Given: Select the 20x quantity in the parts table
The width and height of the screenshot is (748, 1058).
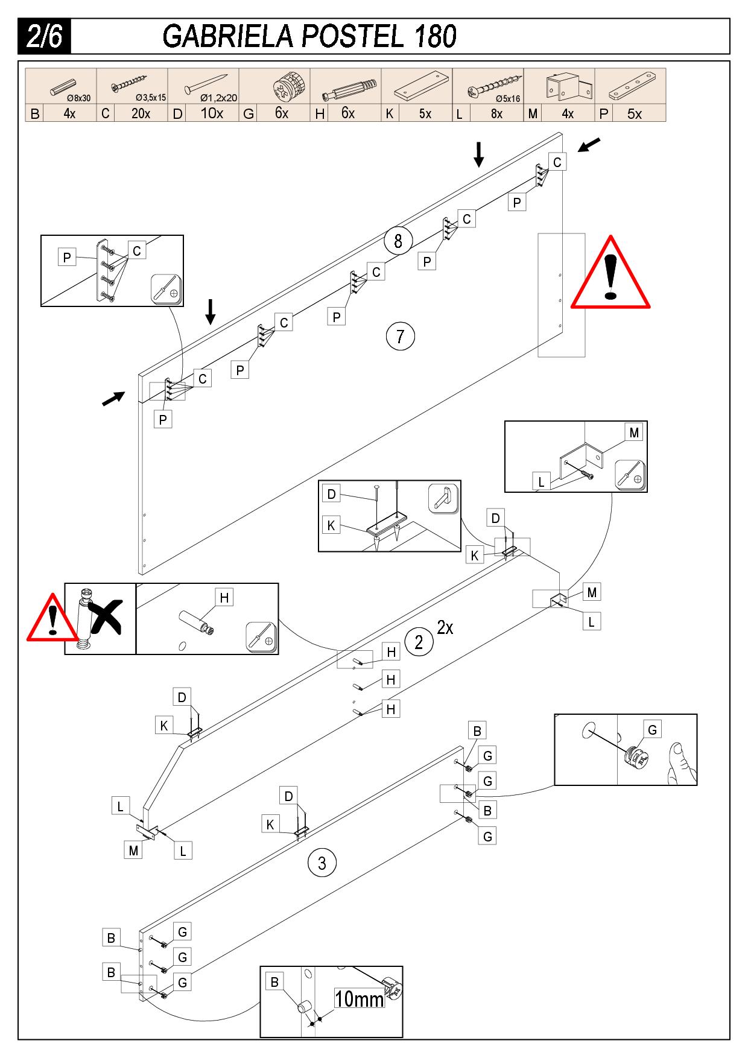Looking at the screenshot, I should coord(141,113).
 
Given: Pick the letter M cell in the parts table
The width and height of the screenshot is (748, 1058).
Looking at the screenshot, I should coord(533,113).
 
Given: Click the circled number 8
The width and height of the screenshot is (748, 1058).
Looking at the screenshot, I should coord(398,241).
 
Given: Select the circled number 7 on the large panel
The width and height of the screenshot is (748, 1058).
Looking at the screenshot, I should coord(400,336).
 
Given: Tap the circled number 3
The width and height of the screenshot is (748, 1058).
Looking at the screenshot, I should coord(322,863).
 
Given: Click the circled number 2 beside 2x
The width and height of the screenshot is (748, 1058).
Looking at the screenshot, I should coord(419,642).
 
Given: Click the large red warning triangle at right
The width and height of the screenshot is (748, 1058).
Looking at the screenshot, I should coord(610,275).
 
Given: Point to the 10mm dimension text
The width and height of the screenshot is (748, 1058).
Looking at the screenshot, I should coord(360,1000).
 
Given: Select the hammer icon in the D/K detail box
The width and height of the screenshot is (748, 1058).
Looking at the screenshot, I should coord(443,498).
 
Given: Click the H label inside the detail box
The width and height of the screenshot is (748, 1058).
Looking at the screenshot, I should coord(224,598).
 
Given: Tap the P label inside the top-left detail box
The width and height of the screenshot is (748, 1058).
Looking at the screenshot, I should coord(67,258).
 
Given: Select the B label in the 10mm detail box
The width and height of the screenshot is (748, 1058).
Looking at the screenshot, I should coord(274,982).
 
